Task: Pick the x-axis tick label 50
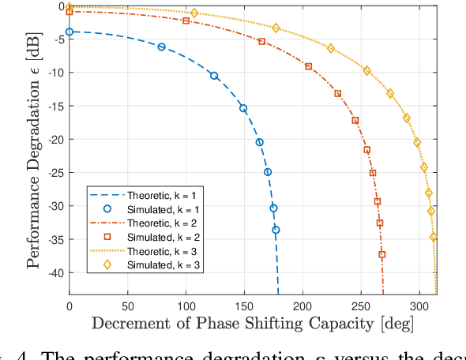(127, 305)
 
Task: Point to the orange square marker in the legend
(108, 237)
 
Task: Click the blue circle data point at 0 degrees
(70, 32)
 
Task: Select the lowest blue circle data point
(276, 230)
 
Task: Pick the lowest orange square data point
(382, 254)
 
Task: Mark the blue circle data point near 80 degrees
(162, 47)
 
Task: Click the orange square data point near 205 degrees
(308, 66)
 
